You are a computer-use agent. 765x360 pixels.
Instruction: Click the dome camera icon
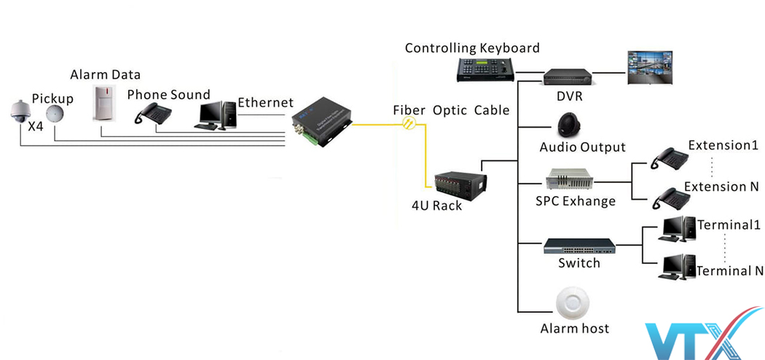point(17,110)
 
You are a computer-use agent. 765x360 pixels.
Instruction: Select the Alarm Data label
point(105,75)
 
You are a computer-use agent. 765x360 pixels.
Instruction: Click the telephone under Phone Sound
point(155,114)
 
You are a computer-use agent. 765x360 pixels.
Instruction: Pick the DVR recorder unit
point(565,76)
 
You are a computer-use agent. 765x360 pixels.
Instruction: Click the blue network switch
point(579,246)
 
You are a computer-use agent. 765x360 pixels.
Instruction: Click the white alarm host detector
point(572,303)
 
